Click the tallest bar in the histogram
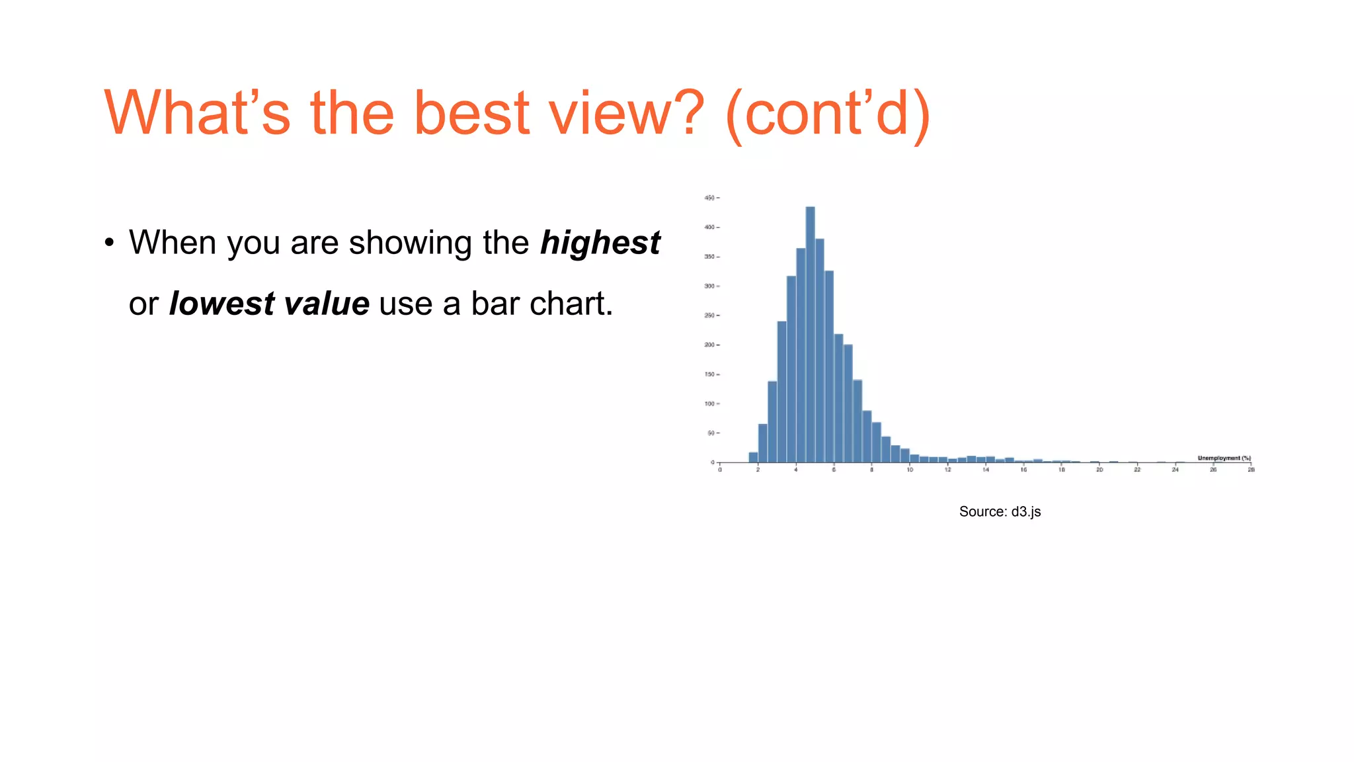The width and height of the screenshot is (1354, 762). (x=810, y=334)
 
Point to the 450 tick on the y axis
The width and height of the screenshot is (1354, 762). (x=709, y=198)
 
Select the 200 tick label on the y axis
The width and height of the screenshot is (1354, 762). (x=709, y=345)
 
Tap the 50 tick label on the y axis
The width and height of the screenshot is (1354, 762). (x=711, y=433)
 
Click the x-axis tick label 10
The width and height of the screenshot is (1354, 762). (x=910, y=470)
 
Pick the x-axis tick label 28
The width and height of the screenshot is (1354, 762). (x=1251, y=470)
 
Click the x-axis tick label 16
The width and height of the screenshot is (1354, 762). (x=1023, y=470)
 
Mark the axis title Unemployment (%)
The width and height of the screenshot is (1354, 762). (x=1224, y=458)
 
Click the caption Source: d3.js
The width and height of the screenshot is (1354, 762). (x=1000, y=511)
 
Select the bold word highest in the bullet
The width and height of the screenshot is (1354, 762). (x=600, y=242)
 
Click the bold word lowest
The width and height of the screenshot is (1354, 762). (x=221, y=304)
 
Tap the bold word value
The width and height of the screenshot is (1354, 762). (x=326, y=304)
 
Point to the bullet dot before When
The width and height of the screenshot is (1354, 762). (x=110, y=243)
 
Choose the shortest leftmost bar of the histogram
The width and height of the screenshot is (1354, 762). (x=753, y=457)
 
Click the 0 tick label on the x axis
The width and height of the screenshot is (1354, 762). (x=720, y=470)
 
